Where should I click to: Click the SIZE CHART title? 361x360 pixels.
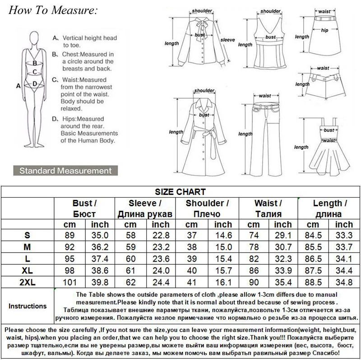click(x=180, y=192)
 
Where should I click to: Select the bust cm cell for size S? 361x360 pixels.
click(x=69, y=235)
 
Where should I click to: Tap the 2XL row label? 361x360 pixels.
click(x=28, y=282)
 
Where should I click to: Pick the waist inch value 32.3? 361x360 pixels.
click(x=283, y=258)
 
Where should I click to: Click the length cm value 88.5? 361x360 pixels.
click(x=313, y=282)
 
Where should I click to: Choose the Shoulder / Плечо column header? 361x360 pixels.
click(x=207, y=208)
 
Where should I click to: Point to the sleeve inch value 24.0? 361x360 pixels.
click(x=161, y=271)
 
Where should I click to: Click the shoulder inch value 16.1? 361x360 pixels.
click(x=223, y=282)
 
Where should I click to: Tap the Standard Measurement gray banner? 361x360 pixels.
click(x=65, y=171)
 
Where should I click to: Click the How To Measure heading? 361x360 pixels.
click(x=53, y=10)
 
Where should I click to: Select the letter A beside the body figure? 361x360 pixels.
click(x=19, y=86)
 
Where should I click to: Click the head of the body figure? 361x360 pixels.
click(x=35, y=38)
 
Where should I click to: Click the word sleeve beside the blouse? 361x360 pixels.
click(x=227, y=40)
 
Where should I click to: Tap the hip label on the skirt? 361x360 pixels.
click(x=324, y=30)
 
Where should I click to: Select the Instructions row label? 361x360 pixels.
click(x=28, y=306)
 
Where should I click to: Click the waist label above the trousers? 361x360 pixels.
click(x=265, y=96)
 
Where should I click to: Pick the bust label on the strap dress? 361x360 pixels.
click(x=329, y=130)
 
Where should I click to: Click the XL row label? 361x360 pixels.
click(x=28, y=271)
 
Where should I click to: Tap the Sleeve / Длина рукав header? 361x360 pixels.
click(x=145, y=208)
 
